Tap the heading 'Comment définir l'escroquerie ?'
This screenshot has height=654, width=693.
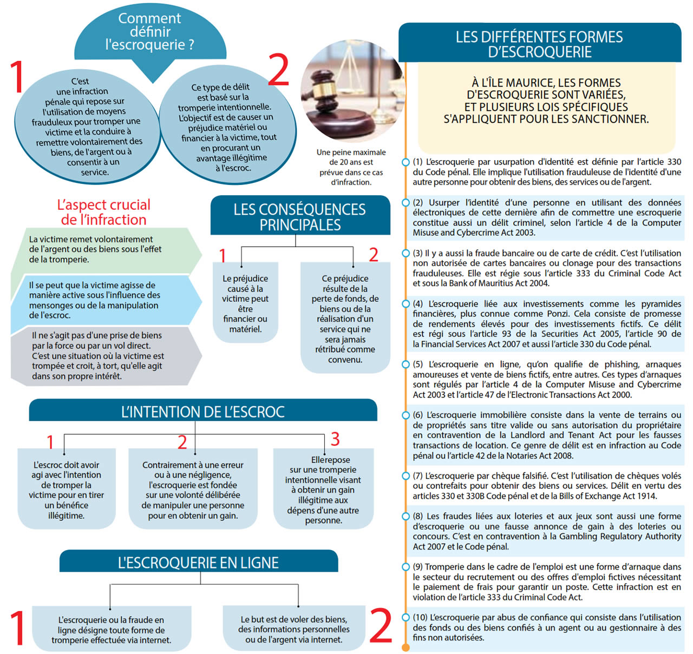[150, 32]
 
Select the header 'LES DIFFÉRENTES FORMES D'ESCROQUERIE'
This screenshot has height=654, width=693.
[539, 44]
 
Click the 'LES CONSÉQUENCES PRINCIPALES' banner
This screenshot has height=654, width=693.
[300, 216]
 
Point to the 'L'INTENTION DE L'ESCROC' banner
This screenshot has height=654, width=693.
[202, 412]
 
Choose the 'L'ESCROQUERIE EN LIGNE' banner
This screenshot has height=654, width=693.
[198, 563]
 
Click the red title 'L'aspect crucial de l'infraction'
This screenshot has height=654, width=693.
[103, 212]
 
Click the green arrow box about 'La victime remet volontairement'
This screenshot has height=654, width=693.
[103, 249]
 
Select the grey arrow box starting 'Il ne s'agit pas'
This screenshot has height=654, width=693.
[103, 355]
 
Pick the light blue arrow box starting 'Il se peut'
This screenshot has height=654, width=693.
[103, 300]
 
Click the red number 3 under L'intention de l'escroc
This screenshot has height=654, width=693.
[335, 439]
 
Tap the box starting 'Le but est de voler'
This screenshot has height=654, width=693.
[293, 629]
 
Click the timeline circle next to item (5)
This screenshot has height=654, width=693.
[406, 365]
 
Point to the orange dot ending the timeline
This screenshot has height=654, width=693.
[406, 648]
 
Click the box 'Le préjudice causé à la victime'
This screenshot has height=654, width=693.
[245, 303]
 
